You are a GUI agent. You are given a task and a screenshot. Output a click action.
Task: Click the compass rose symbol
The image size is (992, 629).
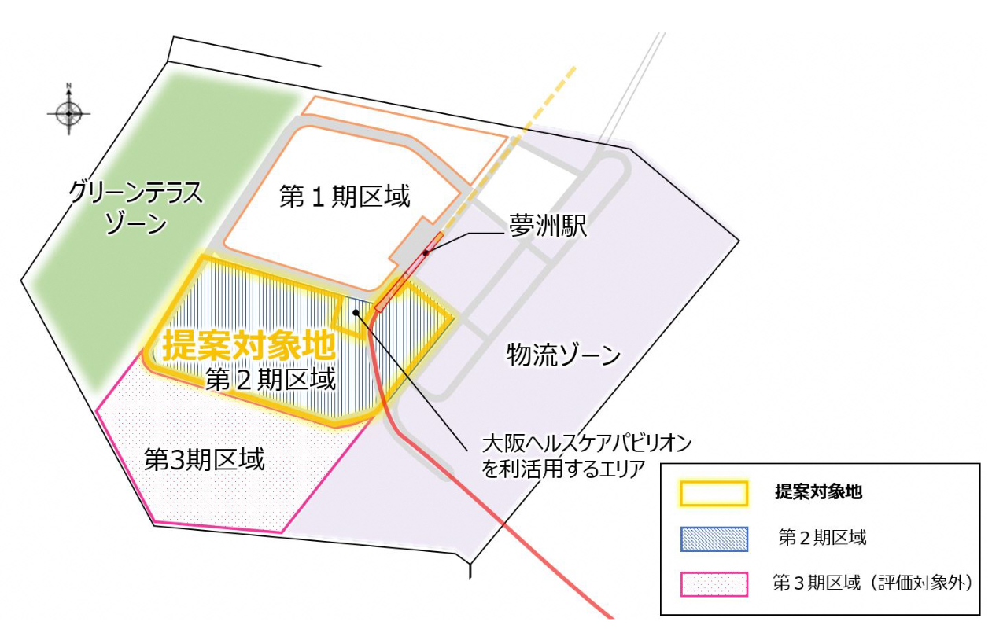click(x=69, y=113)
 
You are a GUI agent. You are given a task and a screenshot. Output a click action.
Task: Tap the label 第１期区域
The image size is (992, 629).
click(x=345, y=197)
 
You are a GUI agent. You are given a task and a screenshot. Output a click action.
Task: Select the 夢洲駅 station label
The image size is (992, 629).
click(x=548, y=227)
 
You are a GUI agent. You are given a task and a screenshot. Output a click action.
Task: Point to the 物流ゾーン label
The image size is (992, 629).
click(x=564, y=356)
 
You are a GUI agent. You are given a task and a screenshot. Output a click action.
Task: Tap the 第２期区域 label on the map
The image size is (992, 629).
click(x=270, y=380)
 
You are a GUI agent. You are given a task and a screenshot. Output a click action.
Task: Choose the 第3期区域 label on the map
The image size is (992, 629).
click(x=205, y=458)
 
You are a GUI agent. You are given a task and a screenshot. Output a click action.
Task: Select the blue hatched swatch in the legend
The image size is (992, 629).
click(x=714, y=539)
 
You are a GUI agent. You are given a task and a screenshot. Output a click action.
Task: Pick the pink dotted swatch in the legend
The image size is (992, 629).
click(x=714, y=583)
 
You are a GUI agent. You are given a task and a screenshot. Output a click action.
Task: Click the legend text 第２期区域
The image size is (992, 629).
click(x=822, y=539)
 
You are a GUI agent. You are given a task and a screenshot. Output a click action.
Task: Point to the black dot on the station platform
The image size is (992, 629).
click(x=426, y=253)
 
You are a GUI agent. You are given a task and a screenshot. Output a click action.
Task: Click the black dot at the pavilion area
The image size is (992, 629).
click(x=356, y=312)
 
